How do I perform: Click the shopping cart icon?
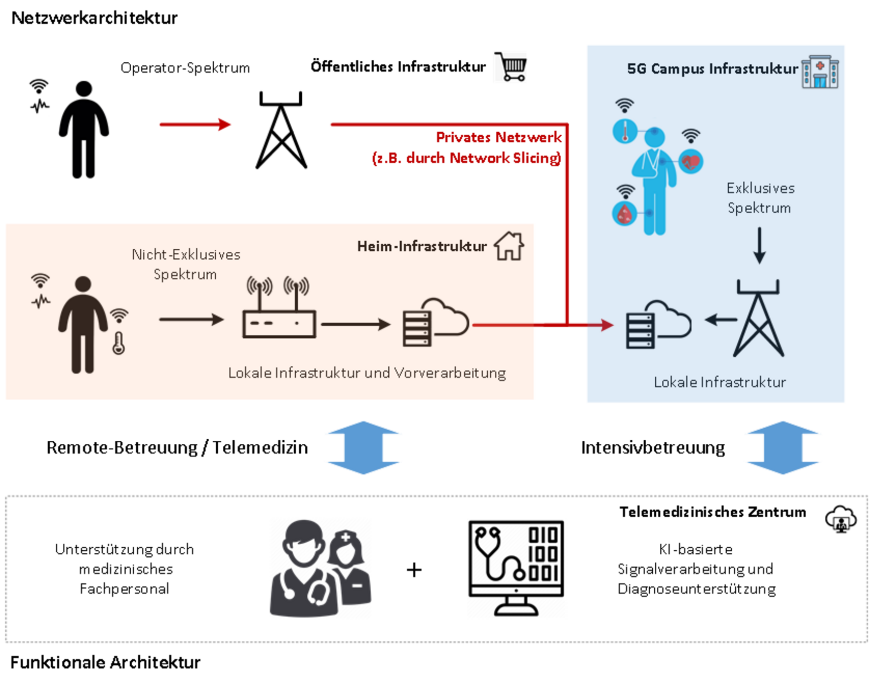(512, 66)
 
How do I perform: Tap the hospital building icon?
(820, 72)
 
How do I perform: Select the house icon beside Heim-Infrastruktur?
(509, 246)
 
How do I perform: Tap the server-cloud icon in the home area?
(436, 323)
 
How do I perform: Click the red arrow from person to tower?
(195, 124)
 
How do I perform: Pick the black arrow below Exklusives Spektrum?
(759, 245)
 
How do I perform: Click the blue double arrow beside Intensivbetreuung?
(783, 447)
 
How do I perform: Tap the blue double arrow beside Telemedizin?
(363, 447)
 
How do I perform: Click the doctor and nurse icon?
(320, 568)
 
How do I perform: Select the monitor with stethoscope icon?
(516, 568)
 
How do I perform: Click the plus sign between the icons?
(414, 569)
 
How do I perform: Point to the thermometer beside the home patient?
(119, 343)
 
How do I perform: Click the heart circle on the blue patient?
(691, 162)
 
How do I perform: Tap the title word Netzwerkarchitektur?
(94, 18)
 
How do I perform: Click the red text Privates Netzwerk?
(498, 137)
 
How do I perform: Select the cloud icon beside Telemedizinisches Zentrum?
(841, 519)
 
